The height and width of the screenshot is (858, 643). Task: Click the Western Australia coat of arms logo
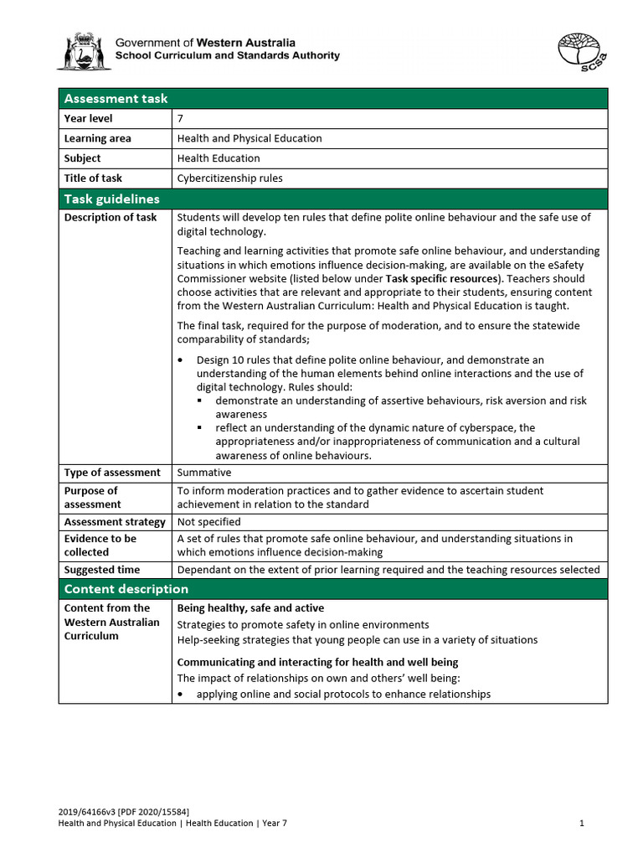point(83,50)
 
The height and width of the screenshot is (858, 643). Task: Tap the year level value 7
point(181,119)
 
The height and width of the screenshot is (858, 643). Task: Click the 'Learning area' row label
point(97,138)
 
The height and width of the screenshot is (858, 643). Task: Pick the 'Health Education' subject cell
point(219,158)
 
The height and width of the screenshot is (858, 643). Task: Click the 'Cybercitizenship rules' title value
point(229,178)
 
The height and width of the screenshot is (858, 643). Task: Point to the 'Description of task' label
point(110,218)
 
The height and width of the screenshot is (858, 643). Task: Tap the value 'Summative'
point(203,473)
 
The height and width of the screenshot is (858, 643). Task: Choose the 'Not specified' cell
point(208,521)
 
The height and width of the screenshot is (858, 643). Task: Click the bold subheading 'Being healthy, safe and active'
point(250,608)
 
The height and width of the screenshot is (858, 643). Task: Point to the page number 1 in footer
point(581,823)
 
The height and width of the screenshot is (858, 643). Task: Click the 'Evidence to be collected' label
point(100,545)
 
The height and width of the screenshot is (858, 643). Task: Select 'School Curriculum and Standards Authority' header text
point(227,56)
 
